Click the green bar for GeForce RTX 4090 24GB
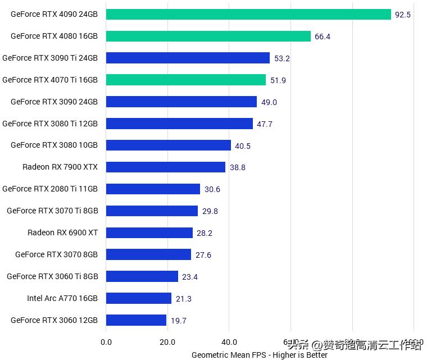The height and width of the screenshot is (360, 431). pyautogui.click(x=248, y=15)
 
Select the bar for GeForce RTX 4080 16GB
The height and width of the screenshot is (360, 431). pyautogui.click(x=208, y=37)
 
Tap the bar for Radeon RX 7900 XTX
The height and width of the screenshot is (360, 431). pyautogui.click(x=165, y=167)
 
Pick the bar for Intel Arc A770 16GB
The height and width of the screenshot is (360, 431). pyautogui.click(x=138, y=298)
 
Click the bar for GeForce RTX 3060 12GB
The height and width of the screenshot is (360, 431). pyautogui.click(x=136, y=320)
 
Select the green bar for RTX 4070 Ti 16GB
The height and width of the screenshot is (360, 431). pyautogui.click(x=185, y=80)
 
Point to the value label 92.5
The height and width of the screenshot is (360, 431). pyautogui.click(x=403, y=15)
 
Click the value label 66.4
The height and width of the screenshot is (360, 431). pyautogui.click(x=323, y=37)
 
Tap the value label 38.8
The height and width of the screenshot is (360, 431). pyautogui.click(x=238, y=167)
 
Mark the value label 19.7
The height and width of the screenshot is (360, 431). pyautogui.click(x=179, y=321)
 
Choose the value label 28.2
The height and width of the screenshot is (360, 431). pyautogui.click(x=205, y=233)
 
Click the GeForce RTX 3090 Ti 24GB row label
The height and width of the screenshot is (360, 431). pyautogui.click(x=50, y=58)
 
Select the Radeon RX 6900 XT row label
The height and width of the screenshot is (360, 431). pyautogui.click(x=62, y=233)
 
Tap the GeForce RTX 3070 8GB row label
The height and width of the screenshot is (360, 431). pyautogui.click(x=56, y=254)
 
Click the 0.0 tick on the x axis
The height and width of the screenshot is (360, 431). pyautogui.click(x=106, y=342)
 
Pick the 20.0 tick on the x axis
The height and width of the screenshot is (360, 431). pyautogui.click(x=167, y=342)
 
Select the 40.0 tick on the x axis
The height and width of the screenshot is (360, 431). pyautogui.click(x=229, y=342)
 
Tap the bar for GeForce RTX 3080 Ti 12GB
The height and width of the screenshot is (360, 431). pyautogui.click(x=179, y=124)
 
